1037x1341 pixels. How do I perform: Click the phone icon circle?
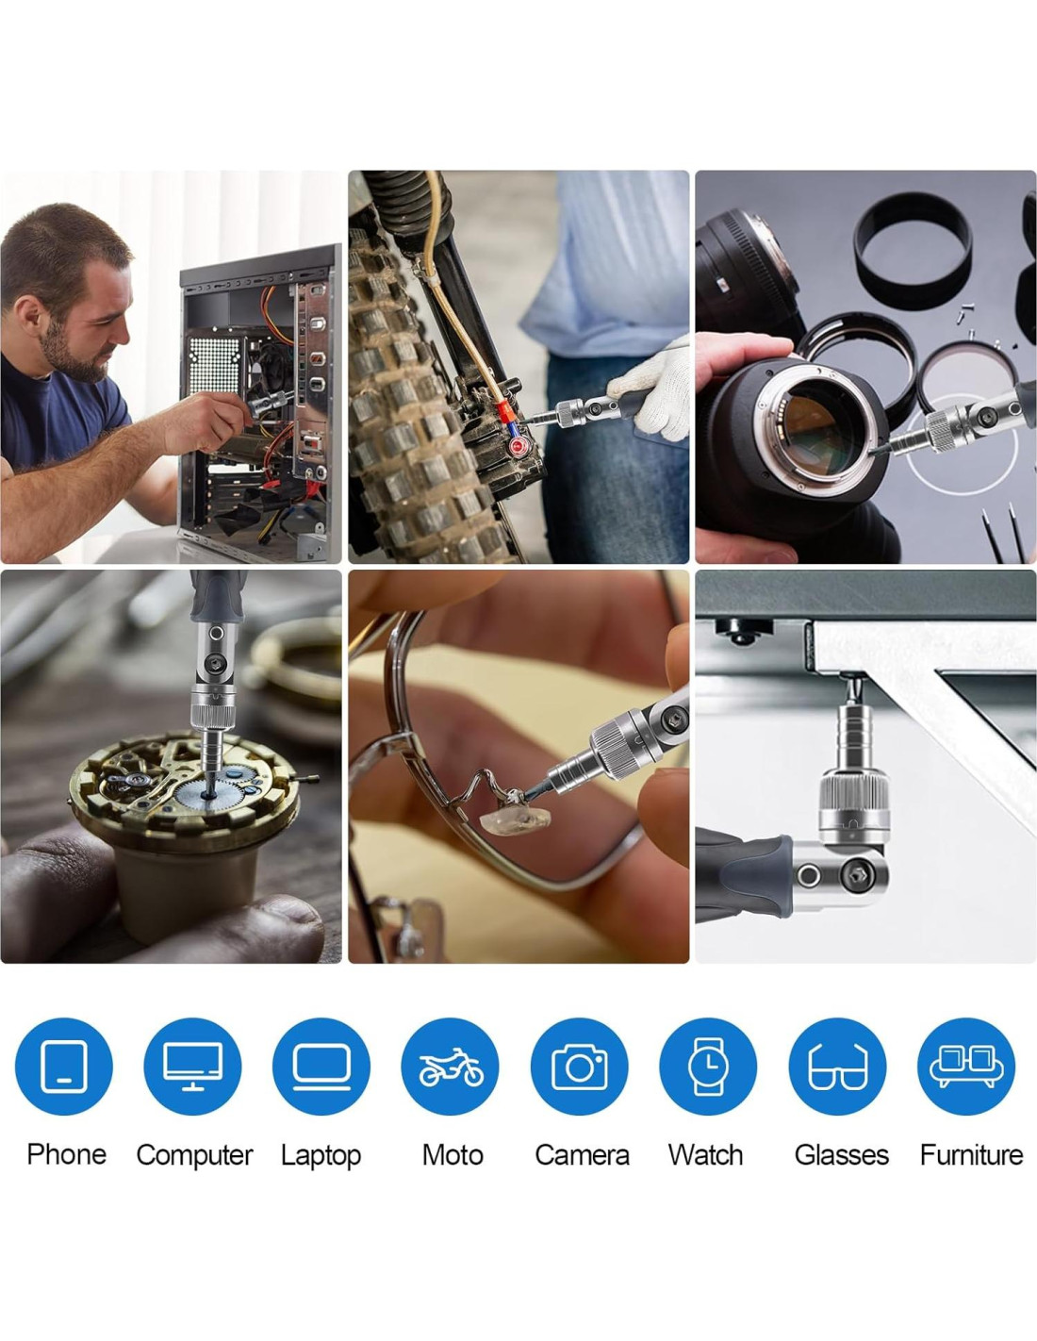pyautogui.click(x=63, y=1066)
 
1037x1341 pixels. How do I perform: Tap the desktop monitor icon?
pyautogui.click(x=192, y=1066)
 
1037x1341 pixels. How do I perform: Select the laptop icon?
pyautogui.click(x=321, y=1066)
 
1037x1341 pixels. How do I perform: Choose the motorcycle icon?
pyautogui.click(x=451, y=1066)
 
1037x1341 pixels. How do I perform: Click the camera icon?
pyautogui.click(x=579, y=1066)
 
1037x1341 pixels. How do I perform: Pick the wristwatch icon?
pyautogui.click(x=708, y=1066)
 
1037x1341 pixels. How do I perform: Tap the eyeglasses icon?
pyautogui.click(x=837, y=1066)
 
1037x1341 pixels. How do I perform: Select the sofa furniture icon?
pyautogui.click(x=966, y=1066)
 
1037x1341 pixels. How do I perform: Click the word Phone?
pyautogui.click(x=67, y=1154)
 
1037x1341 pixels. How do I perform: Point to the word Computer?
pyautogui.click(x=194, y=1155)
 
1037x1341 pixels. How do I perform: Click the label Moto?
pyautogui.click(x=453, y=1154)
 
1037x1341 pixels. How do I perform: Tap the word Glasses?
pyautogui.click(x=842, y=1154)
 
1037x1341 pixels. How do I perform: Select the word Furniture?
pyautogui.click(x=972, y=1154)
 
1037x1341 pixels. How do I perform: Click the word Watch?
pyautogui.click(x=706, y=1154)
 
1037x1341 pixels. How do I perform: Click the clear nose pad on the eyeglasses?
pyautogui.click(x=516, y=819)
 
